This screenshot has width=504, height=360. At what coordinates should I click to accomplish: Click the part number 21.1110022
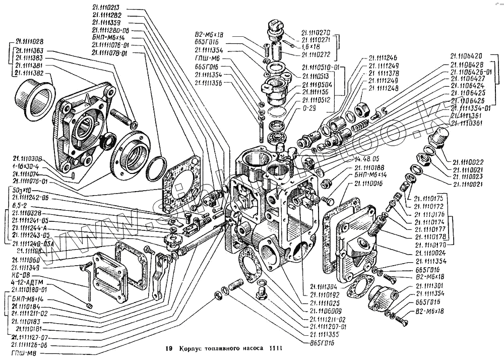[468, 162]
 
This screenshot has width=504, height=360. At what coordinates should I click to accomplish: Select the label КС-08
[20, 276]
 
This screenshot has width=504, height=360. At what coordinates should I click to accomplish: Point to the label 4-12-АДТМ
[26, 283]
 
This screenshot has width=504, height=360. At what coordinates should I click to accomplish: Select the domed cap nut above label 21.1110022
[438, 136]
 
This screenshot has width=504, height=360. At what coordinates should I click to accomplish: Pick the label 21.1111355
[327, 334]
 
